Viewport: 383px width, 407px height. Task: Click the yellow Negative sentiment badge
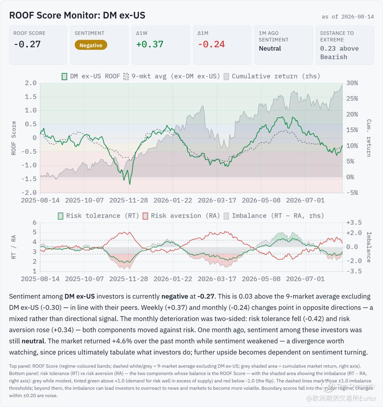[91, 45]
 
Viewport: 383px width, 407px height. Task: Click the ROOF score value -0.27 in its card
[27, 44]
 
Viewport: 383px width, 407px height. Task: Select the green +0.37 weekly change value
[150, 44]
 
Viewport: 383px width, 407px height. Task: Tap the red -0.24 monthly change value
[211, 44]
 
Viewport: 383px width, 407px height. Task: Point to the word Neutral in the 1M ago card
[270, 48]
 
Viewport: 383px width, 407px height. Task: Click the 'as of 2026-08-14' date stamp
[348, 16]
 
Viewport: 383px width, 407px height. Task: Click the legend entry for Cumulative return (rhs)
[272, 76]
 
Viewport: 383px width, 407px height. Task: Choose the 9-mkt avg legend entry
[172, 76]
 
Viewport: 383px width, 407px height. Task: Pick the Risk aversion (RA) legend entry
[181, 216]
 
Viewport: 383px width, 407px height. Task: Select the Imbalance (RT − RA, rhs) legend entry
[274, 216]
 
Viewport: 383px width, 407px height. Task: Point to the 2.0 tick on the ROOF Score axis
[31, 83]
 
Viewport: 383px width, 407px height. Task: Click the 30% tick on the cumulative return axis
[352, 83]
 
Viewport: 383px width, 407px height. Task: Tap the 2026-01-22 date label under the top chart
[173, 201]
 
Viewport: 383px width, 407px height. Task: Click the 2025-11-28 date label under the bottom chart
[128, 279]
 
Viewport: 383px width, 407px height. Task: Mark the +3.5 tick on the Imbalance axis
[354, 223]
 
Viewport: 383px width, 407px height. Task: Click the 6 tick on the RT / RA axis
[35, 223]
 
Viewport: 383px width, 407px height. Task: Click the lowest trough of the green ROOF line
[130, 184]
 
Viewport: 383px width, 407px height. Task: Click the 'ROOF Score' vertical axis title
[13, 138]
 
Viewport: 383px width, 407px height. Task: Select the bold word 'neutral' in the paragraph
[33, 341]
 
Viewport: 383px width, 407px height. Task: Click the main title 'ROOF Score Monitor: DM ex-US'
[77, 15]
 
